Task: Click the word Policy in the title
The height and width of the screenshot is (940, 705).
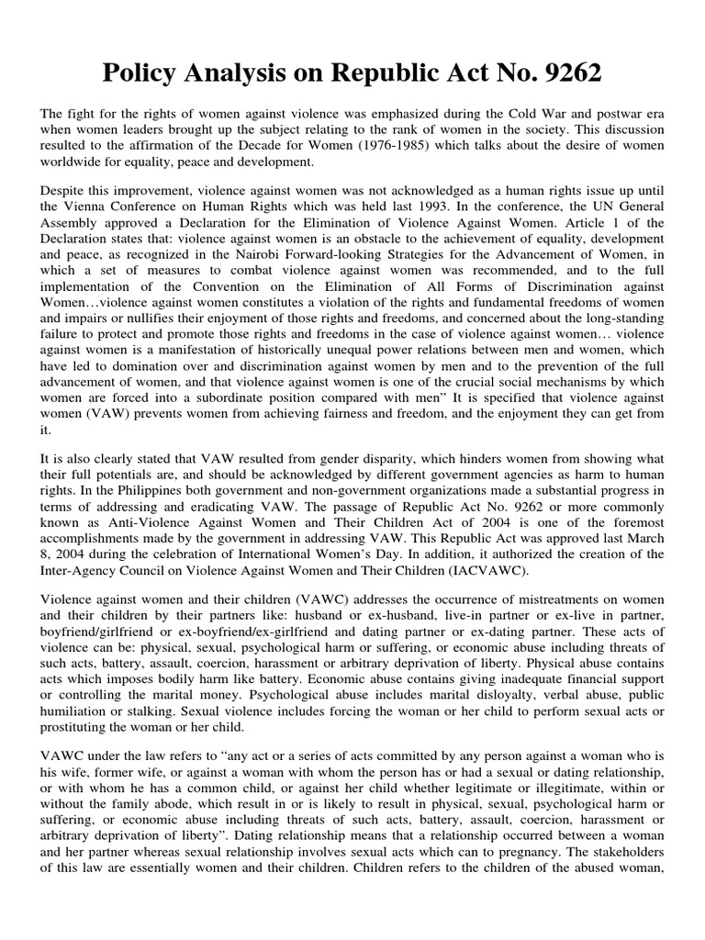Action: click(x=149, y=73)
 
